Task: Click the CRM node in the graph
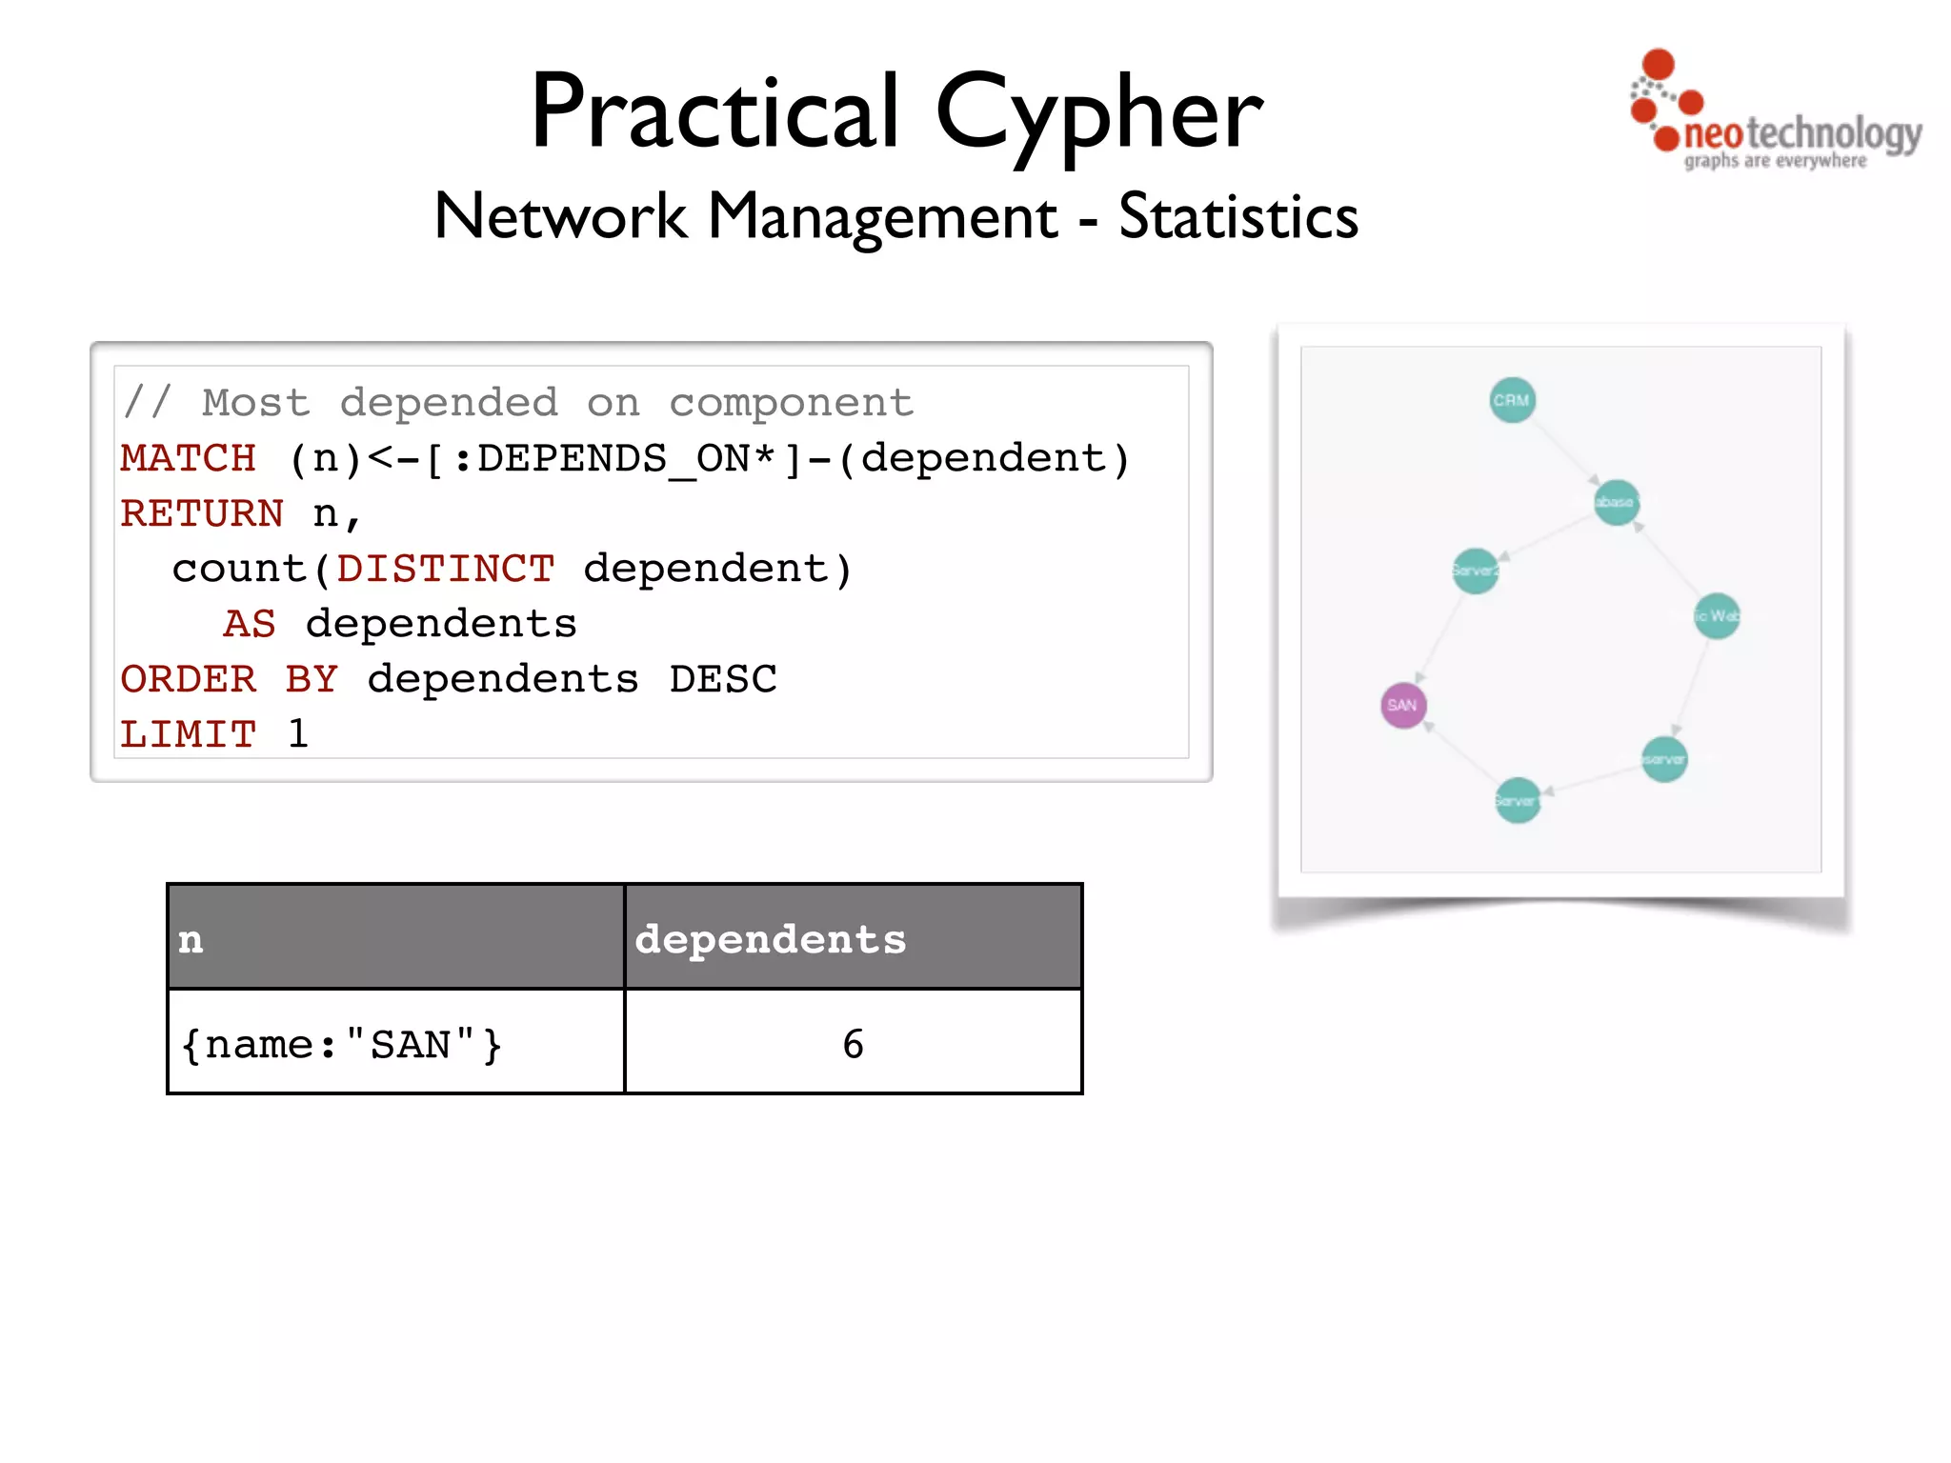click(1512, 401)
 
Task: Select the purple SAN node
click(1403, 706)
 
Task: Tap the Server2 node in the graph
click(1476, 571)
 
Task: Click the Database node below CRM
click(1617, 502)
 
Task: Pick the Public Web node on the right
click(1718, 616)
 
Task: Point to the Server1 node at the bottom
click(1518, 801)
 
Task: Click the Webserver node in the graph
click(1665, 759)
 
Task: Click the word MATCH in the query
click(188, 459)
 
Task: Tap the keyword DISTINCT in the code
click(445, 570)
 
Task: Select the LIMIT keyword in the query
click(188, 734)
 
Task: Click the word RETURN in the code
click(202, 514)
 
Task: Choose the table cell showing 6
click(853, 1043)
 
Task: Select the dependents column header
click(771, 939)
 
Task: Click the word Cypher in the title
click(1098, 114)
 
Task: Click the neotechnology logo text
click(1801, 134)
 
